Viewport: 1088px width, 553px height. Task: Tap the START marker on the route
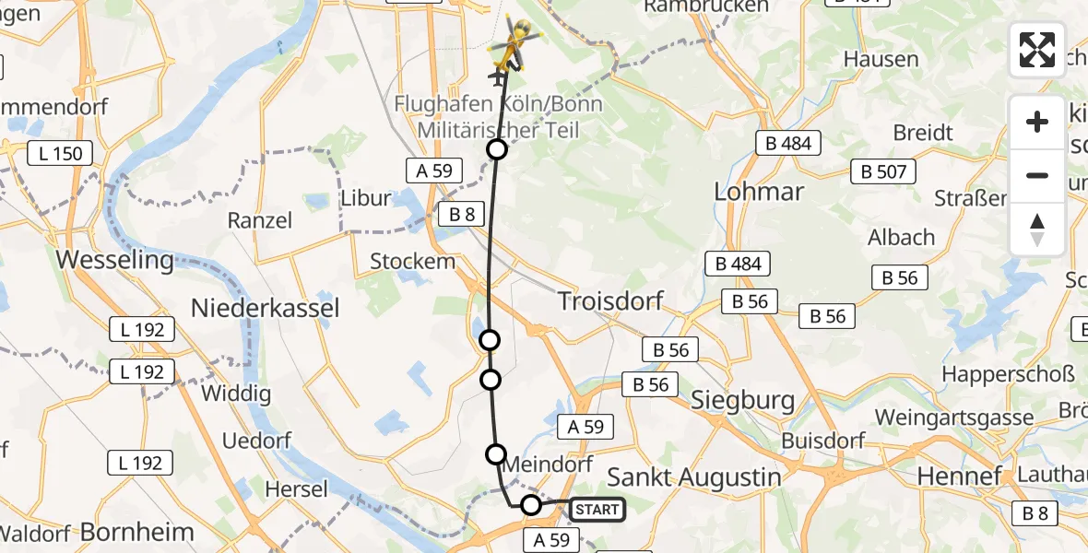point(597,509)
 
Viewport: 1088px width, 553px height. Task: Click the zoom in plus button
point(1037,122)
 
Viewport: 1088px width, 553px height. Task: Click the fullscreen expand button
point(1037,50)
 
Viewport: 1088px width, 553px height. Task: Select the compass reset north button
point(1037,229)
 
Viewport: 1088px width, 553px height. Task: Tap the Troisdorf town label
point(610,301)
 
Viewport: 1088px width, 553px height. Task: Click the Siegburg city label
point(742,400)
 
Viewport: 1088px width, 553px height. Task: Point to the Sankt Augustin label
point(693,477)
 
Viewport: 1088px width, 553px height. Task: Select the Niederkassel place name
point(265,308)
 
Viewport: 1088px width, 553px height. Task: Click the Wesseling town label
point(114,260)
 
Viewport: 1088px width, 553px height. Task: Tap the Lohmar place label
point(759,192)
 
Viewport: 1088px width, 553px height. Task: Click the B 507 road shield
point(883,171)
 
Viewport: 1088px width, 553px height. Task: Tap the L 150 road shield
point(61,154)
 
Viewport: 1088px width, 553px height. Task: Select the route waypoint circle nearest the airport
point(497,149)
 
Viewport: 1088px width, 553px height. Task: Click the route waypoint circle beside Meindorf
point(496,453)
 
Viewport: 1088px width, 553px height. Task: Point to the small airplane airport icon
point(500,77)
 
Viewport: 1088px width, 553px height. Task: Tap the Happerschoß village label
point(1008,374)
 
